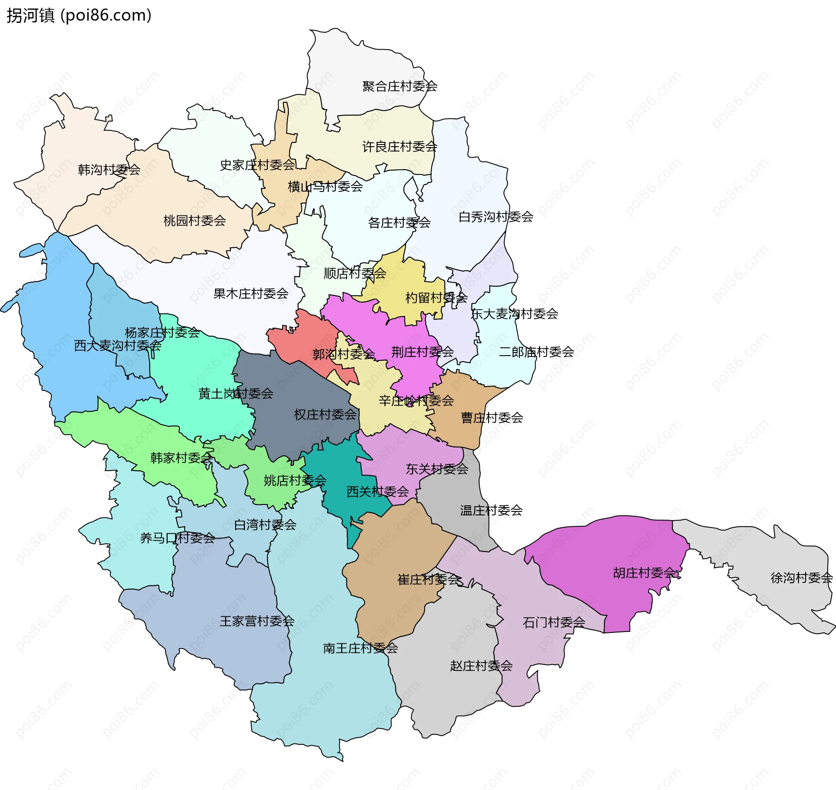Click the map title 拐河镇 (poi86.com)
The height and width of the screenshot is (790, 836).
click(x=79, y=16)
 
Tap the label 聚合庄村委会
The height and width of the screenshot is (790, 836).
click(x=400, y=86)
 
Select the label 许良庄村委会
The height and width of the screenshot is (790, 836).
click(x=400, y=147)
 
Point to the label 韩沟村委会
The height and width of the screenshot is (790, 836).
click(x=109, y=170)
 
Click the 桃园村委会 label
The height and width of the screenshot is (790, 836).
click(x=195, y=221)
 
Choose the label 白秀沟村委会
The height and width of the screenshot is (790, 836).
click(x=496, y=216)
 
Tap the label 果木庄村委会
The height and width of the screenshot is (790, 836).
click(x=251, y=294)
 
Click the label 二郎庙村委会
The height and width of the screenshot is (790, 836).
click(x=536, y=352)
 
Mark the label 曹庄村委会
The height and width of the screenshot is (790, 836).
click(x=492, y=418)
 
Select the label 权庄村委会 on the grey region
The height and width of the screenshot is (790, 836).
click(x=325, y=414)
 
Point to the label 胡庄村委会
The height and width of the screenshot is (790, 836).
click(x=644, y=573)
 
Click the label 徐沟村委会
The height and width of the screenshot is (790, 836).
click(x=802, y=578)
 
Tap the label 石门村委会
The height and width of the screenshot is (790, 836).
click(x=554, y=623)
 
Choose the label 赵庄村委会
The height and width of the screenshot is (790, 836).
click(x=481, y=666)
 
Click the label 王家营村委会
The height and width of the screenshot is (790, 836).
click(x=257, y=621)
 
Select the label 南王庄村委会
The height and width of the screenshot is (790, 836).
click(x=361, y=649)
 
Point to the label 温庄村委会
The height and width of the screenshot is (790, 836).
click(x=491, y=510)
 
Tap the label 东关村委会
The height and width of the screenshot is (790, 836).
click(x=437, y=469)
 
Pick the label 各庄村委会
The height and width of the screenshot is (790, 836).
click(x=399, y=223)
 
